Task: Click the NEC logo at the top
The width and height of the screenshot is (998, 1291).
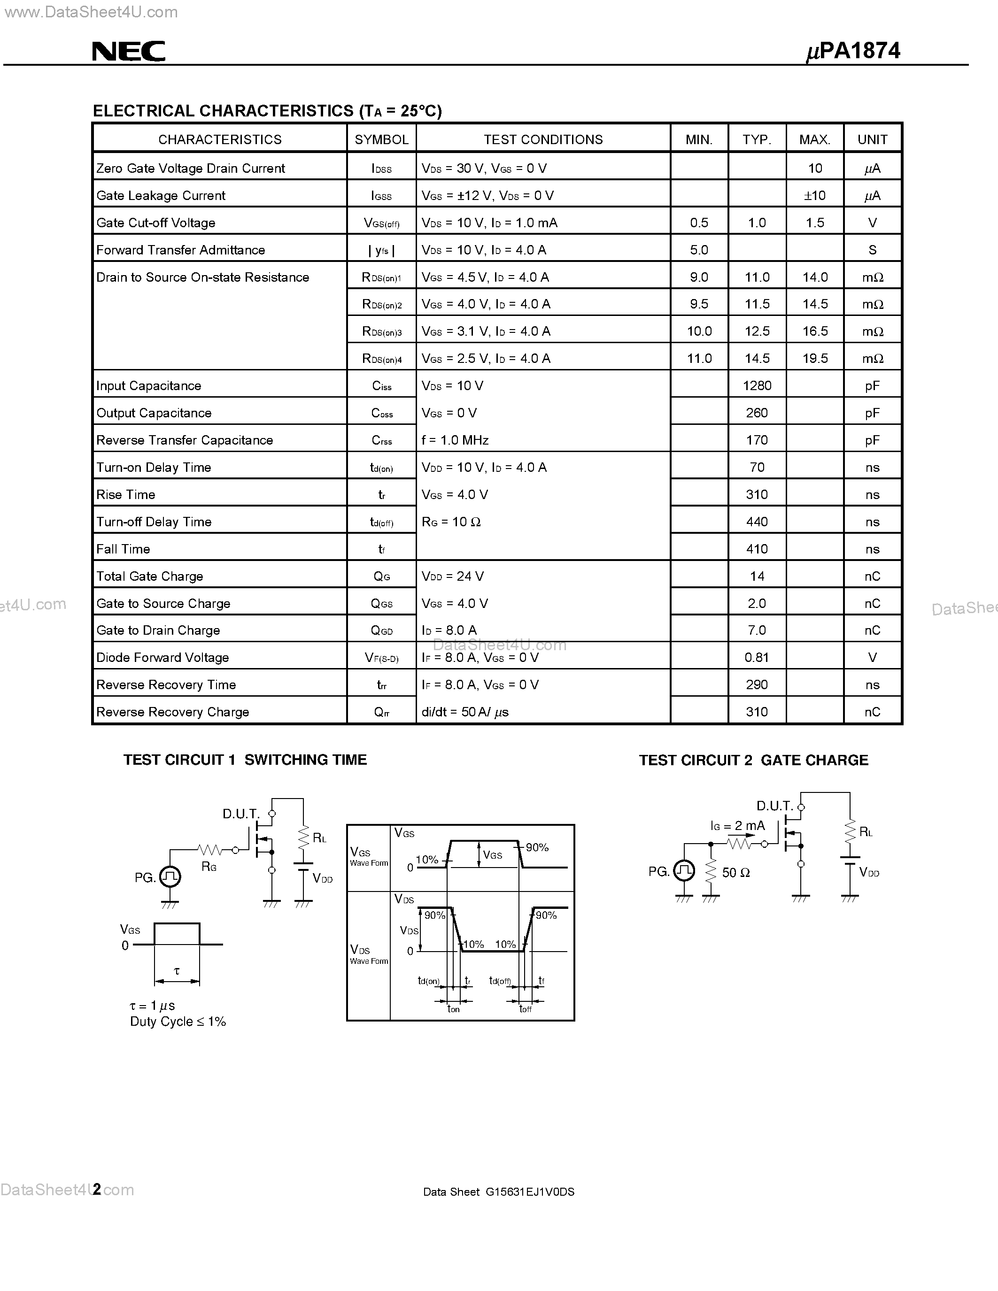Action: [x=128, y=52]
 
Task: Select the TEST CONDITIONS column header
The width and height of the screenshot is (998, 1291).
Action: [x=543, y=139]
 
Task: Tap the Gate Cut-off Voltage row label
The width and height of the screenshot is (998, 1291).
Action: [x=155, y=223]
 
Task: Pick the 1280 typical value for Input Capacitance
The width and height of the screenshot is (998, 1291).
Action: [x=757, y=386]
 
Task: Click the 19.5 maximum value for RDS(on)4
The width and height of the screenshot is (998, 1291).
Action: [x=815, y=359]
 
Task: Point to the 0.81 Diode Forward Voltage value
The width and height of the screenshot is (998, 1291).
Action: [x=757, y=658]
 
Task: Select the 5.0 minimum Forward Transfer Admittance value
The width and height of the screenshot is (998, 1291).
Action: [x=699, y=250]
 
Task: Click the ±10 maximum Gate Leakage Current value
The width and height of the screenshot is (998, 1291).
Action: [x=815, y=196]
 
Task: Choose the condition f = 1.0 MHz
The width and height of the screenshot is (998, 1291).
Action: [x=455, y=440]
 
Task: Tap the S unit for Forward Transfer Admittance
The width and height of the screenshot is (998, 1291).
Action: [x=872, y=250]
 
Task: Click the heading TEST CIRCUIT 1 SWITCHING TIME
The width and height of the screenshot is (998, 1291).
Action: [x=245, y=760]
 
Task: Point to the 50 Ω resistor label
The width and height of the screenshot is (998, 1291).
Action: [x=735, y=873]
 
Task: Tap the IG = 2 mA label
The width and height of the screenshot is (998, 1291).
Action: [x=737, y=826]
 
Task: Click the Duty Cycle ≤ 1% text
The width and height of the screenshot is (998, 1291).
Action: [x=178, y=1022]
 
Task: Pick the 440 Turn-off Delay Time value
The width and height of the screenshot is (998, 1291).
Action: [x=757, y=522]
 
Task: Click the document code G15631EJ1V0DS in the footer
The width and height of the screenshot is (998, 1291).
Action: [x=530, y=1191]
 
